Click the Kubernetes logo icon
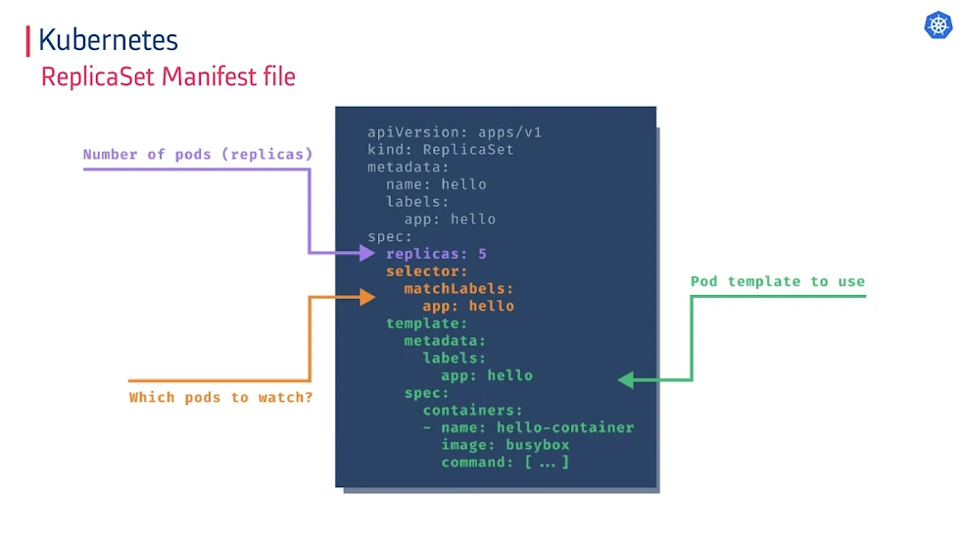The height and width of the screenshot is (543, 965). [x=939, y=25]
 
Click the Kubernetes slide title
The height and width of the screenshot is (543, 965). [x=108, y=40]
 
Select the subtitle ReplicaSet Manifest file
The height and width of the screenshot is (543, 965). [x=168, y=76]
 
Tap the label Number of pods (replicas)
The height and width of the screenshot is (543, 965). [x=198, y=154]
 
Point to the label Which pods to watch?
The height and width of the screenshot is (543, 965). [x=220, y=398]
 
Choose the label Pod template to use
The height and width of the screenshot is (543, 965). [x=777, y=281]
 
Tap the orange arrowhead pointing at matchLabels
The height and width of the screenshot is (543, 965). [x=366, y=296]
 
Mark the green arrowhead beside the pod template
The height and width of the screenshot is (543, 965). [x=626, y=380]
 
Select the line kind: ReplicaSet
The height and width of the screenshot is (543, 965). [x=440, y=149]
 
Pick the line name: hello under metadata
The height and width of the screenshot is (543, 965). [x=436, y=184]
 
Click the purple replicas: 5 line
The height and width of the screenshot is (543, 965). [x=436, y=254]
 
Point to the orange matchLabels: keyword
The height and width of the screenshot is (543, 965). [x=458, y=288]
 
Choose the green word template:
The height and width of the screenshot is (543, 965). [x=426, y=323]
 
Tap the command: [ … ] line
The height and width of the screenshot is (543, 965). [x=505, y=462]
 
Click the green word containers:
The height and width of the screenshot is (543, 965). [x=472, y=411]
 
